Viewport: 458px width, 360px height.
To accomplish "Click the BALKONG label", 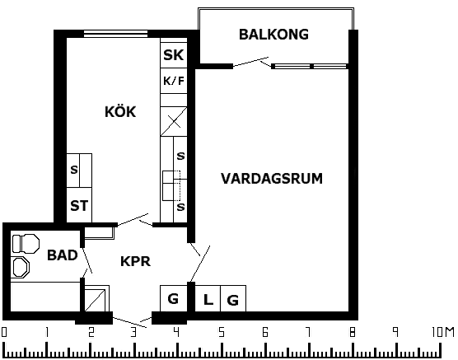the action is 273,35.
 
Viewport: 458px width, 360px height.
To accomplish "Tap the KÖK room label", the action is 120,111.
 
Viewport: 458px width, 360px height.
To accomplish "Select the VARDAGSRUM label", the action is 272,179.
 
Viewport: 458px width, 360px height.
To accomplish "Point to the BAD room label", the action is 63,255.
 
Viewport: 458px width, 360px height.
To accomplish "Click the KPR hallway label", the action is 136,261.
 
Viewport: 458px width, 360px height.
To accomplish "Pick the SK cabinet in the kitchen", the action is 174,54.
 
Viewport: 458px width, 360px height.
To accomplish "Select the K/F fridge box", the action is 174,81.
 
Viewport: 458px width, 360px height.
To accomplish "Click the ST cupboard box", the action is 79,205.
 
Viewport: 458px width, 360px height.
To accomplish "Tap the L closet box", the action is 208,298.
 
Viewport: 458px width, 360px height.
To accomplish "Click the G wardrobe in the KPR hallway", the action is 174,298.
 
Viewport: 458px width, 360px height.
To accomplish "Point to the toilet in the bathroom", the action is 26,243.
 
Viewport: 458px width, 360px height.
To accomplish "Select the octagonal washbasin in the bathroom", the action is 21,267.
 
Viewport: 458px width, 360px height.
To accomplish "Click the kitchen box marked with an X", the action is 174,121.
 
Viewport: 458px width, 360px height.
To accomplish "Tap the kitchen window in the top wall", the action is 115,34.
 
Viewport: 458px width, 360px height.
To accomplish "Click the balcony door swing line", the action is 250,62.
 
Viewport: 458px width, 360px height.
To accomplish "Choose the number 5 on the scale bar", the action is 222,333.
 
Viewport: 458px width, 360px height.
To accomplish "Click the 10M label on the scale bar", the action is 443,333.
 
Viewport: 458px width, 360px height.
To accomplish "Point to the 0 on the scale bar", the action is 4,333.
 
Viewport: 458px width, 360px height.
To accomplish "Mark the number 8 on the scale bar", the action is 353,333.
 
